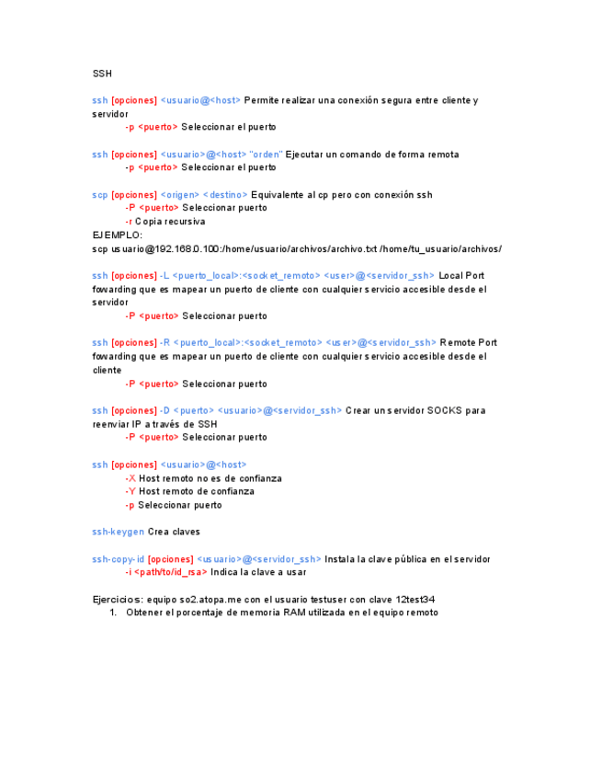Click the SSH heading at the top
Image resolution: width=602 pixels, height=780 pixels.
click(x=102, y=73)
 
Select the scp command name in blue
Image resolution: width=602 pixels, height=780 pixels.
click(x=100, y=195)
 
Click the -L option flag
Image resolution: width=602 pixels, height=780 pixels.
click(x=165, y=275)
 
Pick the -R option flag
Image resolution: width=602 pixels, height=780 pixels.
click(x=165, y=342)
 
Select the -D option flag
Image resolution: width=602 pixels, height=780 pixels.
click(x=165, y=410)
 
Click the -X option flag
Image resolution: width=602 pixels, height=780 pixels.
click(x=131, y=478)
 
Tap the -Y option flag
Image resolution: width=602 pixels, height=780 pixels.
click(x=131, y=491)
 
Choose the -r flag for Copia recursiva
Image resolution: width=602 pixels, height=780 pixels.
click(x=129, y=222)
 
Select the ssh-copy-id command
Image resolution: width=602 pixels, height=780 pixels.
click(x=119, y=558)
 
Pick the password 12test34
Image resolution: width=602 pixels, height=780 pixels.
click(x=415, y=599)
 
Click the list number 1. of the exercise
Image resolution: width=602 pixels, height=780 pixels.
click(x=113, y=612)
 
